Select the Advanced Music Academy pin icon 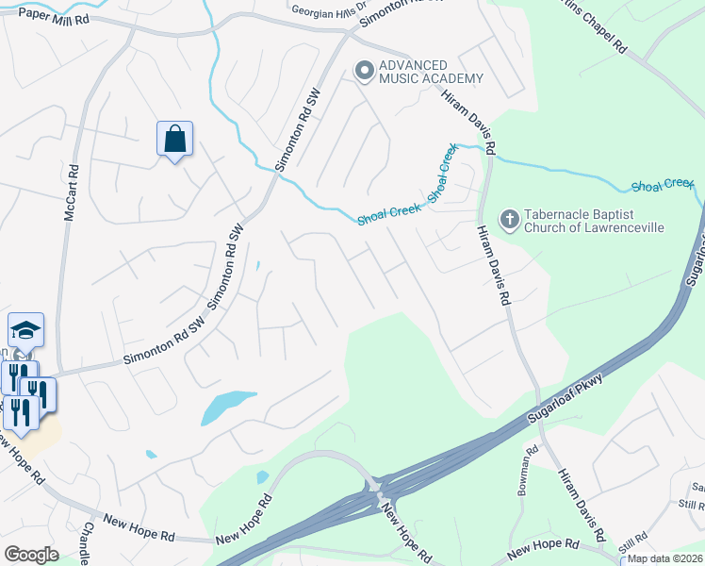click(364, 70)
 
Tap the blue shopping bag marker click(174, 140)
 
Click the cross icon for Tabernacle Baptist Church click(509, 220)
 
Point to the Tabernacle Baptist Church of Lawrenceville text click(593, 221)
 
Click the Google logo click(31, 555)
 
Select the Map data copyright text click(664, 558)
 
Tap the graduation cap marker click(26, 330)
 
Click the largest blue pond click(228, 408)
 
